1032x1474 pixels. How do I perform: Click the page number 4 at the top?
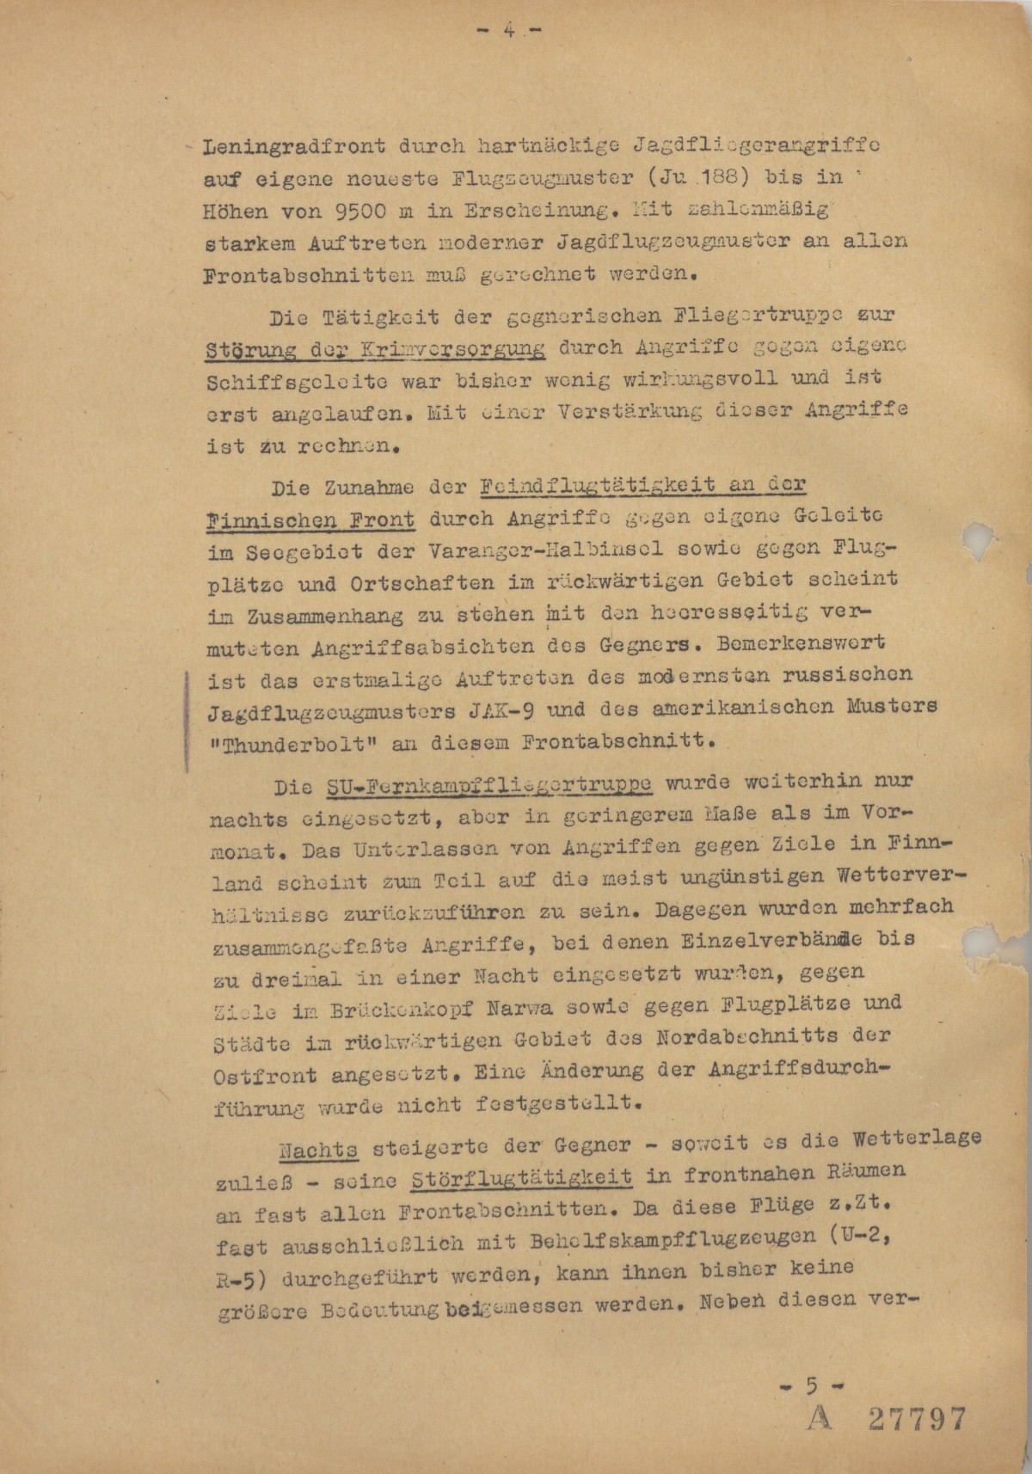pyautogui.click(x=508, y=31)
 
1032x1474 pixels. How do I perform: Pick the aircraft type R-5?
pyautogui.click(x=232, y=1274)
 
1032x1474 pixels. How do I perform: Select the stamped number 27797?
pyautogui.click(x=918, y=1419)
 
